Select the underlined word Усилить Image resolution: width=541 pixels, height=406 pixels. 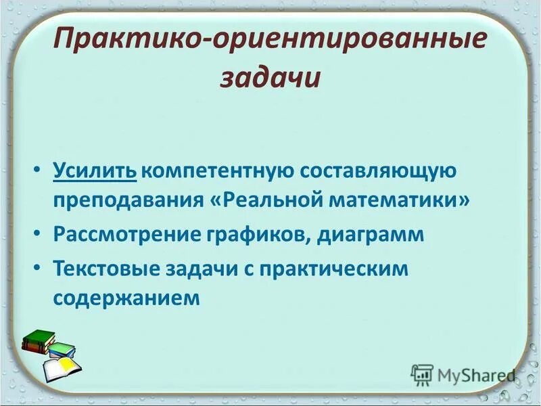point(95,171)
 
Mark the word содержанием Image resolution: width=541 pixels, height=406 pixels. point(126,298)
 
